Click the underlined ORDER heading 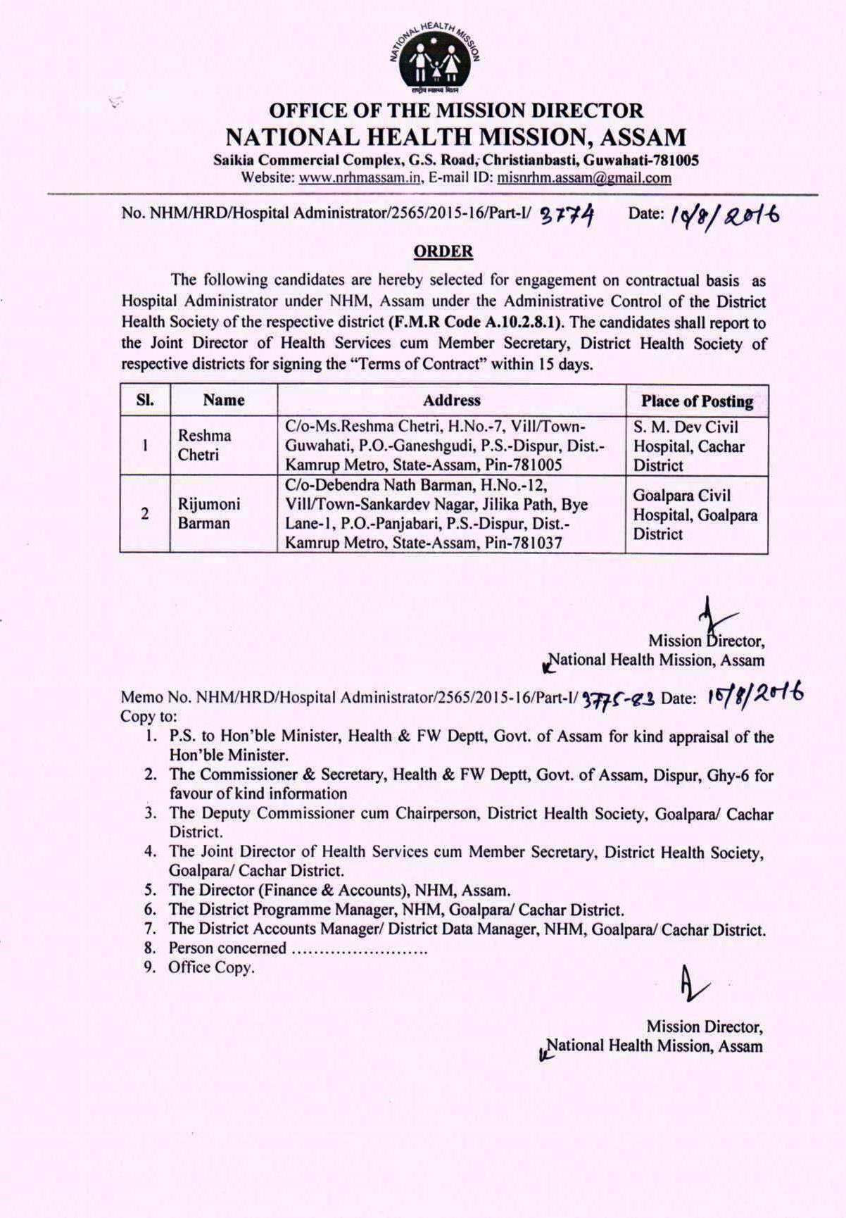tap(443, 251)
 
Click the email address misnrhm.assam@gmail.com tap(584, 178)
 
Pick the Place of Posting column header tap(697, 401)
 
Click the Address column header tap(451, 401)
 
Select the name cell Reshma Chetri tap(204, 445)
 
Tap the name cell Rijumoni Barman tap(208, 513)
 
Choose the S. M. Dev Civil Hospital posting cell tap(688, 446)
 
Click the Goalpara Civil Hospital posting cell tap(695, 514)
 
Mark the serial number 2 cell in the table tap(144, 513)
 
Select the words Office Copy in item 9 tap(210, 967)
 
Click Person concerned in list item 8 tap(227, 948)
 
